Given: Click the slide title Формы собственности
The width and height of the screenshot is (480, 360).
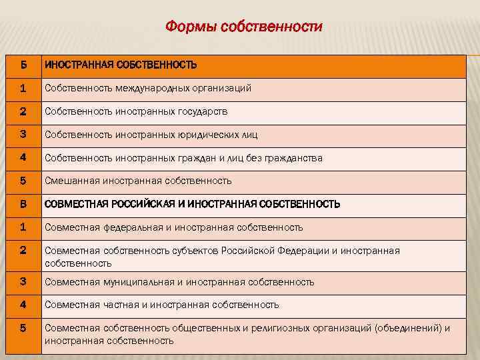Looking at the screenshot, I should tap(243, 27).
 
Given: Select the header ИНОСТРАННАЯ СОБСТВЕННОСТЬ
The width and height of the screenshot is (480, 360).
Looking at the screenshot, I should tap(121, 65).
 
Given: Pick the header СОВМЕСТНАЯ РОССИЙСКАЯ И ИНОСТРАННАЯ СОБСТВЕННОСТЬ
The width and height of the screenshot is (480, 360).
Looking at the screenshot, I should tap(192, 204).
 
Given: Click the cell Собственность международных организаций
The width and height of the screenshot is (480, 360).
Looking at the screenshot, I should tap(147, 88).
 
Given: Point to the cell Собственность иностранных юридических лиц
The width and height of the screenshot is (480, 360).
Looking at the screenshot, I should tap(151, 135).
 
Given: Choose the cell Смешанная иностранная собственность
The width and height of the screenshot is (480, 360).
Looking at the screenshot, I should tap(138, 181).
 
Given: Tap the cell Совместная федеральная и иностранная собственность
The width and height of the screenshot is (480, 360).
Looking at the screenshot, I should tap(173, 227).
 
